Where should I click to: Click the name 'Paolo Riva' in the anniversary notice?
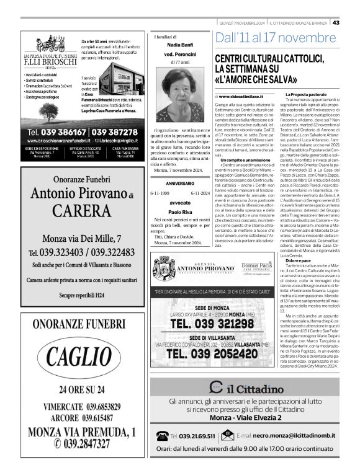click(180, 211)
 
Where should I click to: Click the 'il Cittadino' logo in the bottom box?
click(245, 388)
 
